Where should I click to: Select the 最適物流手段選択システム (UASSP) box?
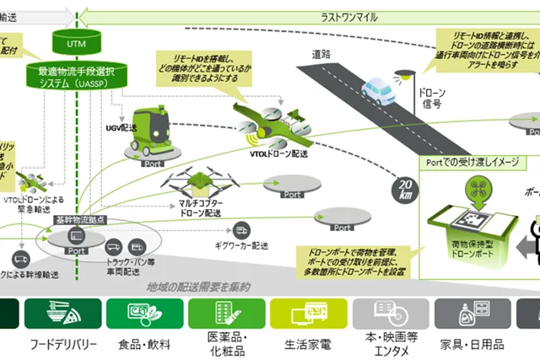tap(78, 78)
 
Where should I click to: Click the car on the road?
tap(377, 89)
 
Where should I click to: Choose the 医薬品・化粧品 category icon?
tap(224, 314)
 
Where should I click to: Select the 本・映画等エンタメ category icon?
tap(385, 314)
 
